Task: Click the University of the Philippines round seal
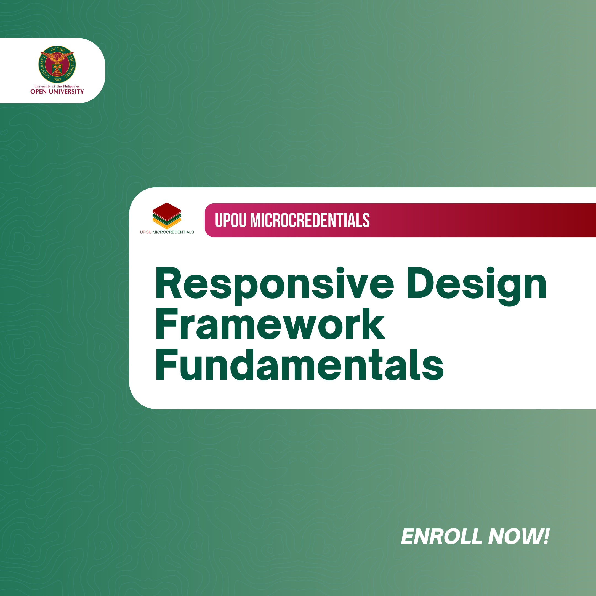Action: (x=57, y=64)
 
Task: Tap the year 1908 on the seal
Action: (x=57, y=79)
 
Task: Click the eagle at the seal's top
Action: (x=57, y=57)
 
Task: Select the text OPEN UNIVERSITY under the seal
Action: (x=57, y=92)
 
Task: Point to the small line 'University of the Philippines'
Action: (x=57, y=86)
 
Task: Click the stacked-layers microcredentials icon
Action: (x=167, y=215)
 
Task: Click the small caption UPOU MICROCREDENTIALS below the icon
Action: (x=167, y=232)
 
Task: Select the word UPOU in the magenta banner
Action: (x=230, y=220)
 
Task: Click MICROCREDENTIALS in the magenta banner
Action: (x=310, y=220)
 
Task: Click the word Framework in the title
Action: (x=270, y=324)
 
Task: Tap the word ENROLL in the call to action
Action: (x=441, y=536)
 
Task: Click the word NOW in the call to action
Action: (x=514, y=536)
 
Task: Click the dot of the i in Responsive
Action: (x=340, y=270)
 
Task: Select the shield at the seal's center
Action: (x=57, y=70)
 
